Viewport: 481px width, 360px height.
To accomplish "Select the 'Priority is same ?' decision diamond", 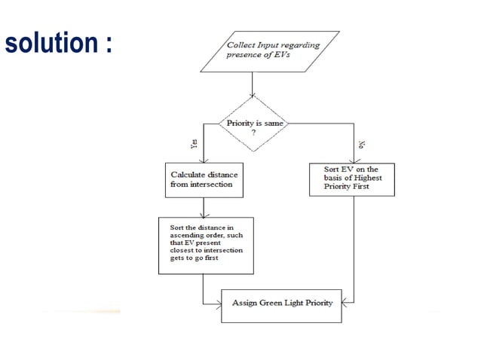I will point(252,124).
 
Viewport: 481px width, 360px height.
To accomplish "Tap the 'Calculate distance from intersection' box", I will point(202,180).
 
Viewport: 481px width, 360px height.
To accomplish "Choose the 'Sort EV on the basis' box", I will point(351,179).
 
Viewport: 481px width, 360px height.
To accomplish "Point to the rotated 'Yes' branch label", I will point(195,145).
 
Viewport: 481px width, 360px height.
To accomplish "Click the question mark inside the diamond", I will point(252,132).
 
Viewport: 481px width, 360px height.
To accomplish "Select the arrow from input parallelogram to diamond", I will point(252,84).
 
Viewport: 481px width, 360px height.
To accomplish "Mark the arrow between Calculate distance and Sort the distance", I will point(202,207).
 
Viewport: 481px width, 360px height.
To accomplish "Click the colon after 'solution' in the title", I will point(109,44).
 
